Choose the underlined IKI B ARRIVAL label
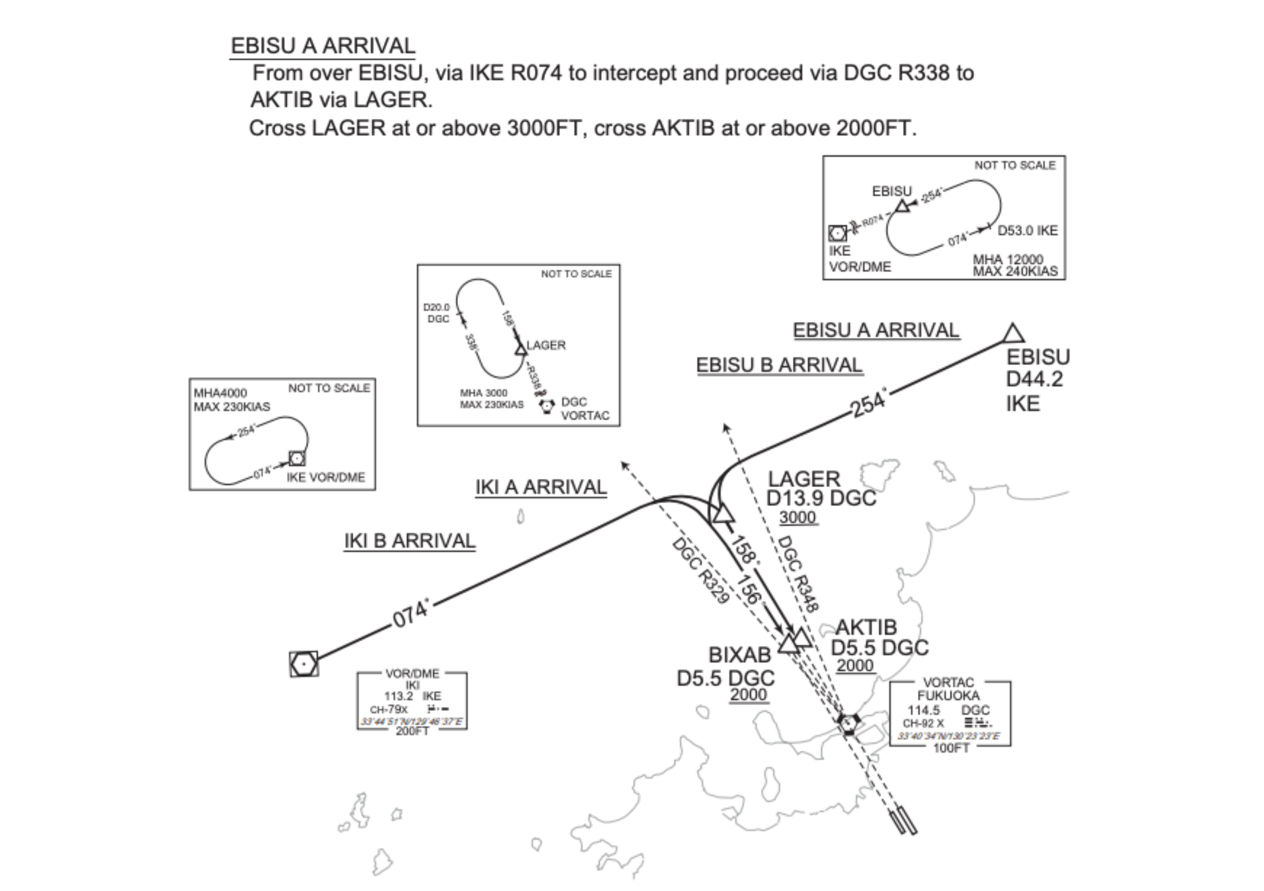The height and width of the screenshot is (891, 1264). tap(410, 541)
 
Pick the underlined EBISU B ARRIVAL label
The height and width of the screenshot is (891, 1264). tap(779, 365)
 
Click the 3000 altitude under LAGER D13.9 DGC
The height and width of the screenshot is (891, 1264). tap(798, 518)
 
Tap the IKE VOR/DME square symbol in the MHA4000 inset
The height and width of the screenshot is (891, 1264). tap(297, 458)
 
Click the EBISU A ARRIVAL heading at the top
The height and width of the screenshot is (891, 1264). tap(323, 46)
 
